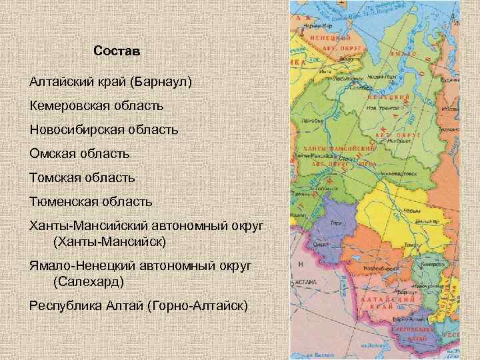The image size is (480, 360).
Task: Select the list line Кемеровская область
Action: (97, 106)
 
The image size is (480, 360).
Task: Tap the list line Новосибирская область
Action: (103, 129)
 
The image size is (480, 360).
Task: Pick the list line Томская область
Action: (82, 177)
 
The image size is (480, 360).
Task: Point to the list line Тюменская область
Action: (91, 201)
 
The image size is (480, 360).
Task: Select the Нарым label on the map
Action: (415, 211)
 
